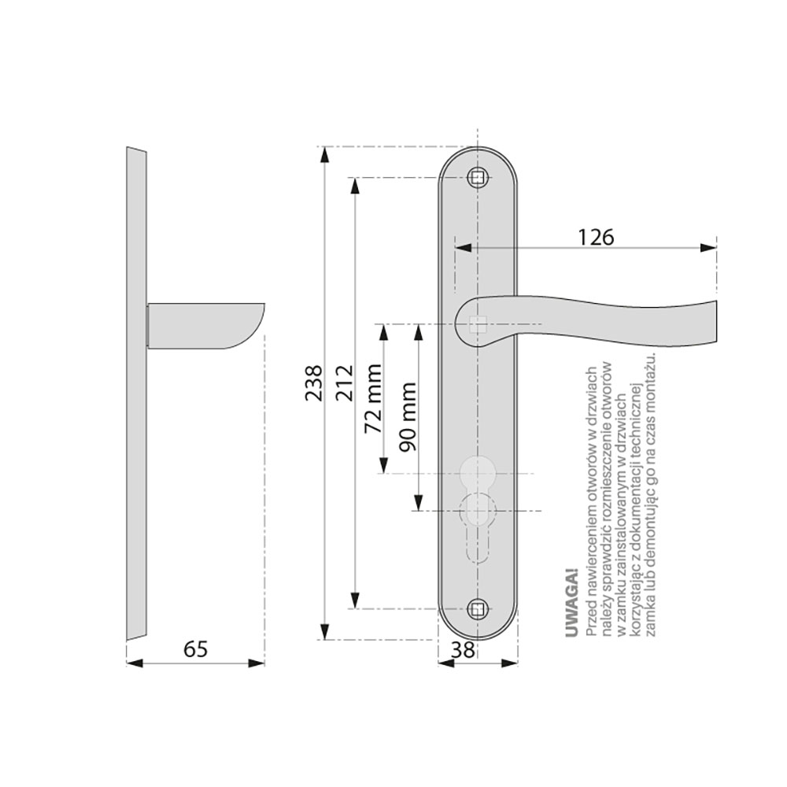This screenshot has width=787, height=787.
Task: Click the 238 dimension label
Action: point(314,383)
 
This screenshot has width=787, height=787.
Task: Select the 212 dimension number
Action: point(345,383)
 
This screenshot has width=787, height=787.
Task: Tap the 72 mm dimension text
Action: point(373,399)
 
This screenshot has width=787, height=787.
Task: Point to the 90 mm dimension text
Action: point(407,416)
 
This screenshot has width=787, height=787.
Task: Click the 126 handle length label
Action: point(596,238)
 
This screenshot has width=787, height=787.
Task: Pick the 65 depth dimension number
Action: point(195,649)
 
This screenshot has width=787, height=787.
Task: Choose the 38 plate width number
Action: point(462,650)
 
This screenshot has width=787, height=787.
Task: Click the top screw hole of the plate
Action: point(478,177)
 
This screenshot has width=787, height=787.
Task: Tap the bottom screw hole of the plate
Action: point(478,609)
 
